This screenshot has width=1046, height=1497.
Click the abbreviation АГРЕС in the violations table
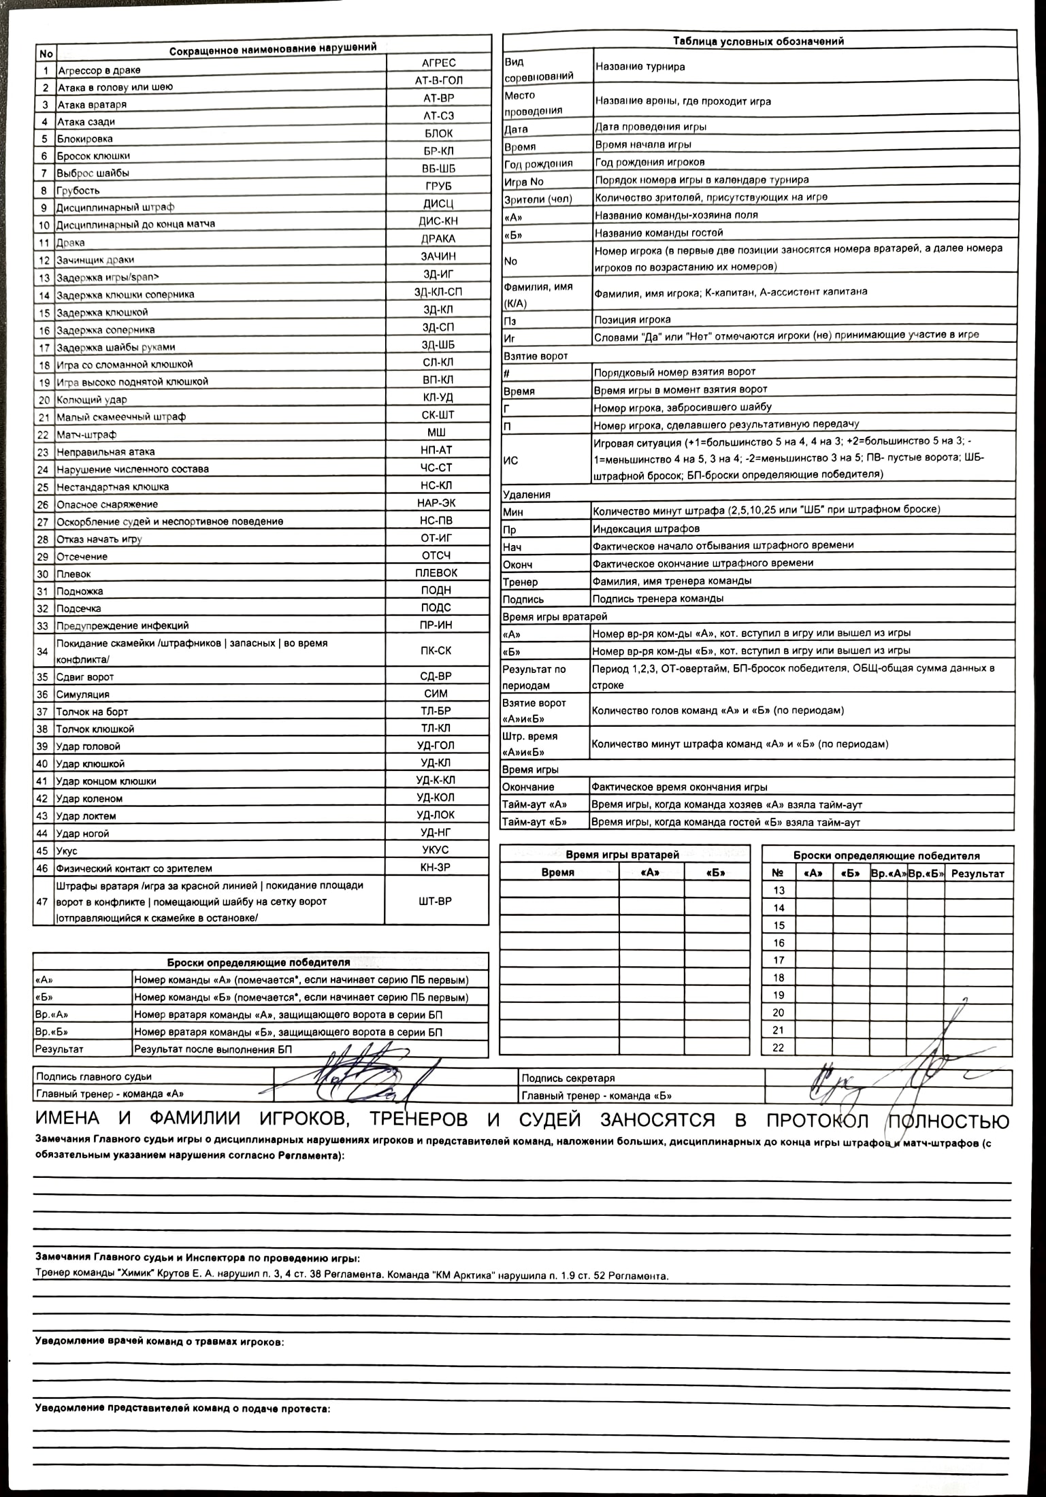[438, 63]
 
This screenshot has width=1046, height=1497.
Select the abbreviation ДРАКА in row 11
[438, 239]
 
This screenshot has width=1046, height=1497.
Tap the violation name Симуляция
[82, 694]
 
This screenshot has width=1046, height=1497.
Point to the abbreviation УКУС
[435, 850]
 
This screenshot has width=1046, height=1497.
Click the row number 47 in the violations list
[43, 901]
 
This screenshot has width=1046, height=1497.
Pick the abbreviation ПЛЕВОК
[436, 573]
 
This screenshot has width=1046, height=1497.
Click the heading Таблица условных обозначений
[758, 41]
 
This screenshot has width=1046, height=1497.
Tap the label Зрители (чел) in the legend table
[538, 199]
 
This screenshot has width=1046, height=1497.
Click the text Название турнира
[640, 67]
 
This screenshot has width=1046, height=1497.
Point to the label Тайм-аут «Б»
[534, 822]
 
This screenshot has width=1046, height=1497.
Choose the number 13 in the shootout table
[779, 890]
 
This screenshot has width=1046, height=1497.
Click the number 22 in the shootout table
[779, 1048]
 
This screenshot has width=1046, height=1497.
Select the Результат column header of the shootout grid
[977, 873]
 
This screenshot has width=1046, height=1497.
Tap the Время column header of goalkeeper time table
[557, 872]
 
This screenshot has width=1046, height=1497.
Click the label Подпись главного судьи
[94, 1076]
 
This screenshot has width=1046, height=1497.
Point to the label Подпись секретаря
[568, 1078]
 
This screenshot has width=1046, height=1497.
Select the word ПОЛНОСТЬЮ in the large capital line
[947, 1120]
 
